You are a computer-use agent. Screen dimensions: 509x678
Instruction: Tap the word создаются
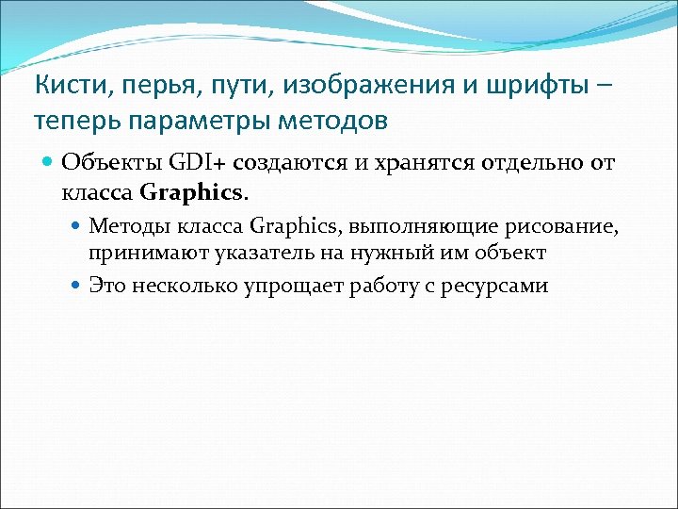click(279, 164)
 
